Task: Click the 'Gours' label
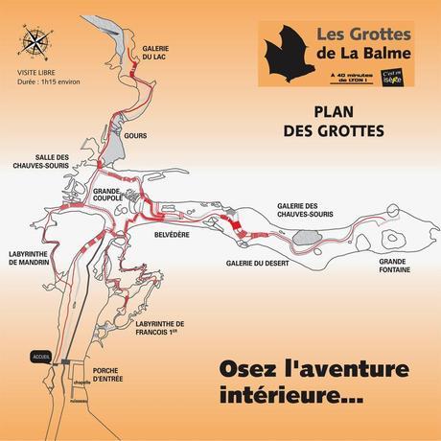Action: [x=136, y=136]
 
